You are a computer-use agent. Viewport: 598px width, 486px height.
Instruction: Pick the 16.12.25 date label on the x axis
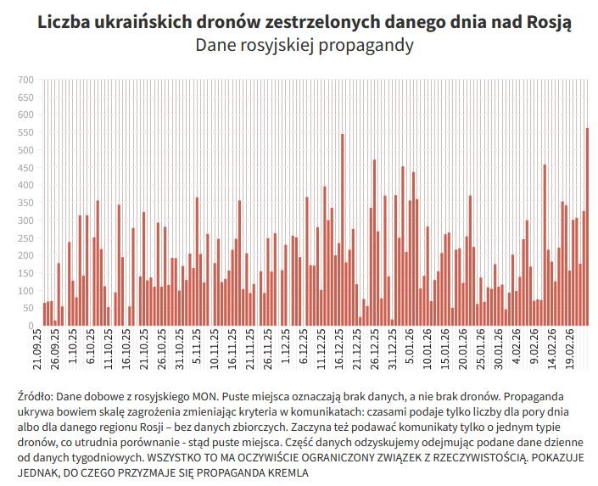(x=338, y=349)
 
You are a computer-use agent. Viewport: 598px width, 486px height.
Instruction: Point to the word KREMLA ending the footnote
(x=286, y=472)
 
